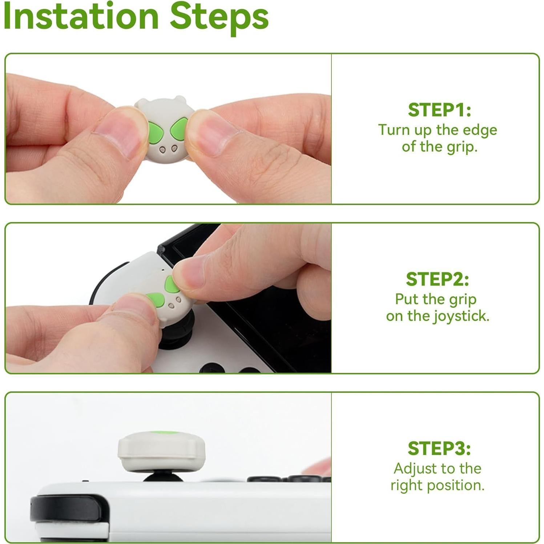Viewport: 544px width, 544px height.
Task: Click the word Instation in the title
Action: click(81, 16)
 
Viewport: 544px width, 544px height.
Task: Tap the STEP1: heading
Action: click(439, 110)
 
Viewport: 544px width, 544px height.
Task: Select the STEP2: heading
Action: click(437, 279)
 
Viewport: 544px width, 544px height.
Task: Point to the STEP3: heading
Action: click(439, 448)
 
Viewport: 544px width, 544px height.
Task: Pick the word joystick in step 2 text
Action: click(461, 316)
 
